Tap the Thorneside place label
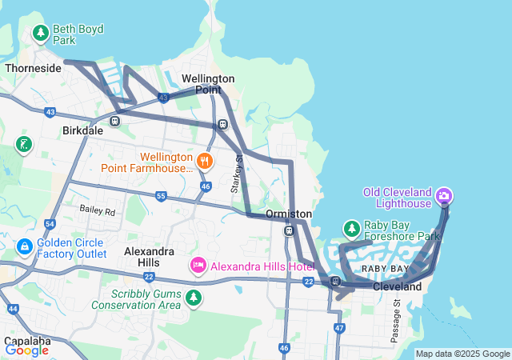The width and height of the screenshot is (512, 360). coord(33,68)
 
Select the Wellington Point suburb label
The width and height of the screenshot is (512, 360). coord(208,84)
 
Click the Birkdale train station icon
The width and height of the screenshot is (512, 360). coord(115,121)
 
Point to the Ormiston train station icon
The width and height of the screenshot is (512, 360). coord(289,230)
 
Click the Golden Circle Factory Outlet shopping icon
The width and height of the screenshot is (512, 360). coord(25,246)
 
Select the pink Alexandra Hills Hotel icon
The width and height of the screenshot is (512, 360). coord(198,264)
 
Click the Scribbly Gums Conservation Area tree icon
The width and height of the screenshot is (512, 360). coord(193,298)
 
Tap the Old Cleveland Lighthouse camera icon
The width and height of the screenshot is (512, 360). coord(445,194)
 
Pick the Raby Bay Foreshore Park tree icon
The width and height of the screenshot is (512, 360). coord(351,229)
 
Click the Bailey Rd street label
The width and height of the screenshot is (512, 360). coord(98,211)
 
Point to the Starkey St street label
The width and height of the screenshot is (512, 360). coord(236,175)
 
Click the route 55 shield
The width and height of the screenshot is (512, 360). coord(161,196)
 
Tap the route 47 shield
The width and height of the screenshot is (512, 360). coord(339,328)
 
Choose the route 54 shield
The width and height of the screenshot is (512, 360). coord(50,225)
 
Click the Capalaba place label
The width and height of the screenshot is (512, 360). coord(27,339)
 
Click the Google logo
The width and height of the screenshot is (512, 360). coord(26,350)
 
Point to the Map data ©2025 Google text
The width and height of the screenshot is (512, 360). coord(462,354)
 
